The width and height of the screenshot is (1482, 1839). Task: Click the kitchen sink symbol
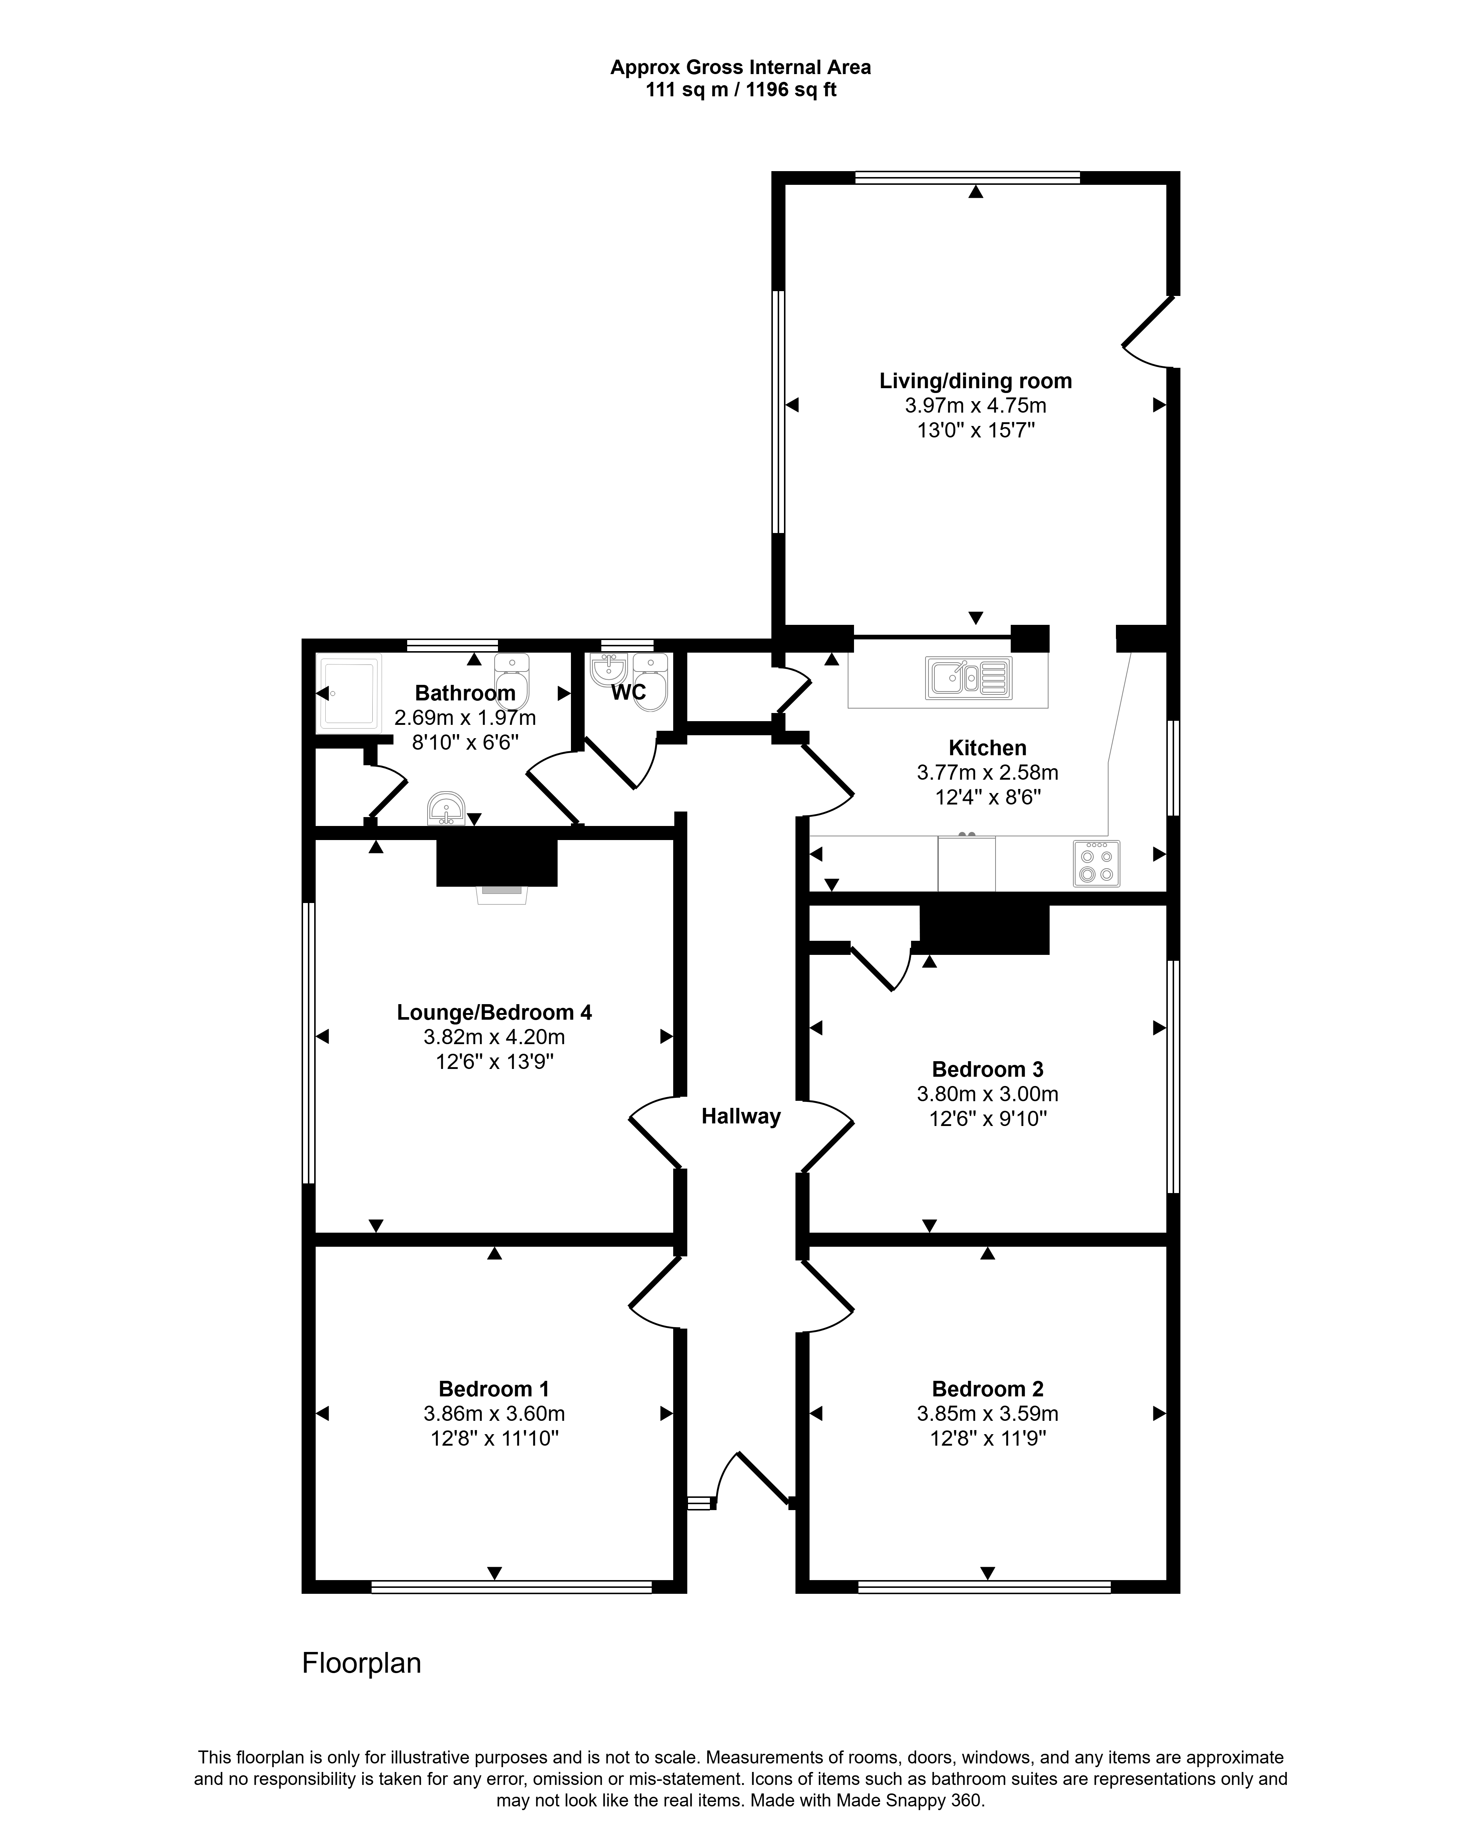968,677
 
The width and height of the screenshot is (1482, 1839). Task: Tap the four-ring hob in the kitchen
1096,864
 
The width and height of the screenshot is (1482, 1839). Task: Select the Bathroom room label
465,693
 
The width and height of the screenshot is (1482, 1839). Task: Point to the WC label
628,692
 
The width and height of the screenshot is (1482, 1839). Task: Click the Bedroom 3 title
988,1069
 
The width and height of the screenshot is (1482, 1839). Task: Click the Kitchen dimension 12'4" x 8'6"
988,797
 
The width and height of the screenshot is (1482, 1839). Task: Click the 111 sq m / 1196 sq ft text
741,90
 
